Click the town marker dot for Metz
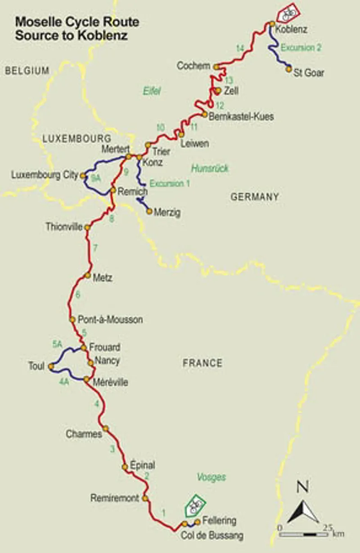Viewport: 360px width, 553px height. (x=88, y=276)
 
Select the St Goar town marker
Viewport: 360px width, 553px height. (x=288, y=69)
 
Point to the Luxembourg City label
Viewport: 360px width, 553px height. (x=45, y=175)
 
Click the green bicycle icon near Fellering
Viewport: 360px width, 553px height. (x=194, y=506)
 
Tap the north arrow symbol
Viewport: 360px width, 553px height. (x=301, y=507)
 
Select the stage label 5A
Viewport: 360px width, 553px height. (x=57, y=345)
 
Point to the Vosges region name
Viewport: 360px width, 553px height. (x=211, y=477)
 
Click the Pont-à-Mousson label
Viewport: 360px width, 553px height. (x=110, y=320)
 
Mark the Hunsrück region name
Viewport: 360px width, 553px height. (x=210, y=168)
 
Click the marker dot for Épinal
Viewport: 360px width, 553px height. (x=125, y=467)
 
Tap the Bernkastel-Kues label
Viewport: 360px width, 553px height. (x=241, y=117)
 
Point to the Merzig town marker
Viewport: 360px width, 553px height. (x=149, y=211)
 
